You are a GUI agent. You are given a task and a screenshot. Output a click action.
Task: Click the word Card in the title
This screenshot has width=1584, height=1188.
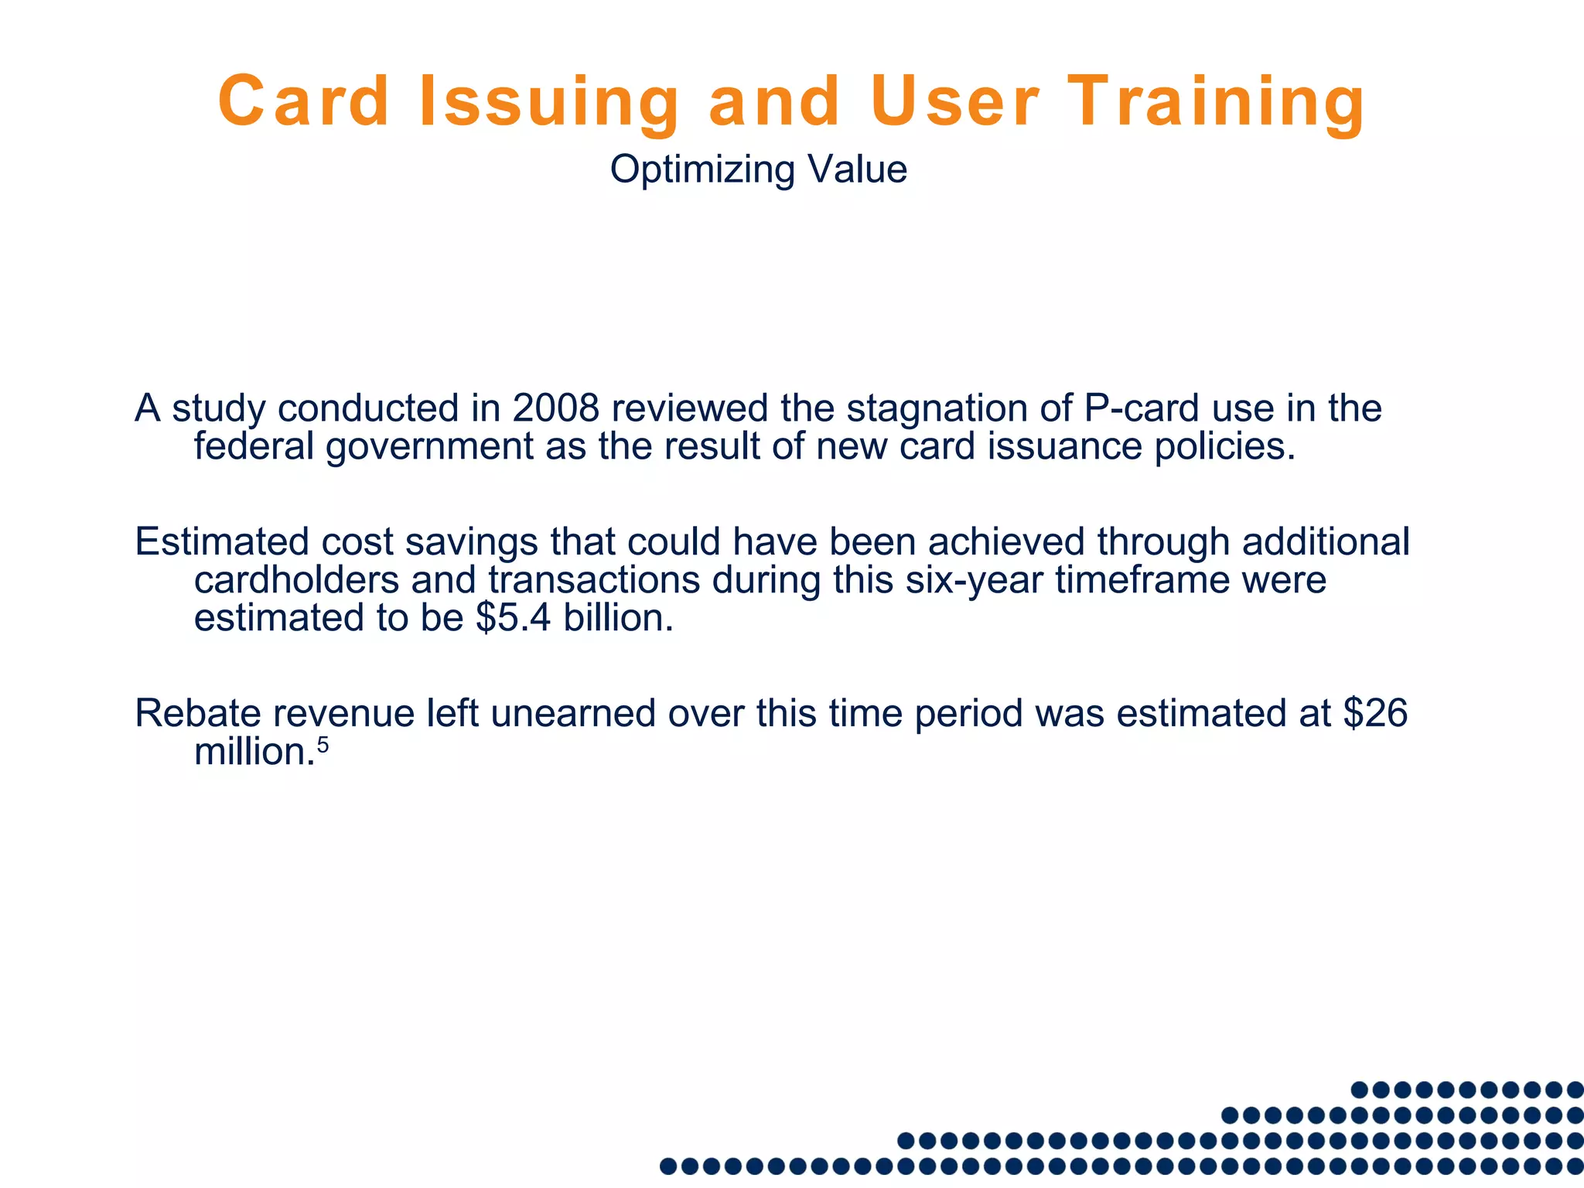(303, 102)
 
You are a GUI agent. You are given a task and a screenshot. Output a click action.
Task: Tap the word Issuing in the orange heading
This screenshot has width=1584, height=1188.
(549, 102)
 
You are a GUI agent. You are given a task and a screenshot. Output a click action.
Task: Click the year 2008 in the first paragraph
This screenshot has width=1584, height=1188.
(555, 408)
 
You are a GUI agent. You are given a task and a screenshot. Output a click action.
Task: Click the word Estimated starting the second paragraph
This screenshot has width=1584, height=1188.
(222, 541)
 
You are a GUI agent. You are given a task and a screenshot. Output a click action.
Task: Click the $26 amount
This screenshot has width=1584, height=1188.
(1374, 712)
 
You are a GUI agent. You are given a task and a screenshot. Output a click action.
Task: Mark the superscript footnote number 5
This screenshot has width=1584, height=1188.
(323, 744)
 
